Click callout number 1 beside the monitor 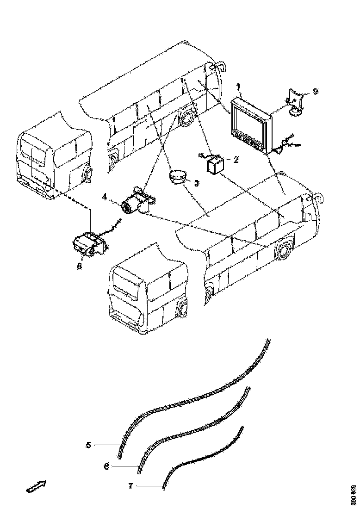click(x=239, y=87)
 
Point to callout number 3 click(x=196, y=183)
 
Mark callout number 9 click(x=315, y=91)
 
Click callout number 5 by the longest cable click(x=88, y=445)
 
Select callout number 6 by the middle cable click(x=106, y=466)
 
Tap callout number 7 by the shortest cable click(x=130, y=486)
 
